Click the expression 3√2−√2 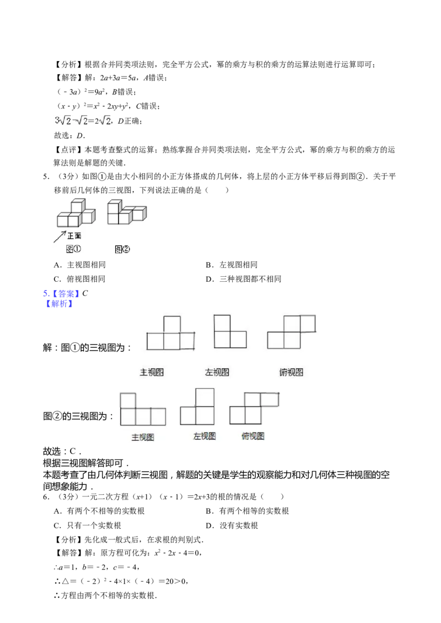pos(71,121)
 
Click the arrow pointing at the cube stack pos(60,236)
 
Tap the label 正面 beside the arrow pos(74,236)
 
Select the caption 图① pos(73,249)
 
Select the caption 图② pos(122,249)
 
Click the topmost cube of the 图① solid pos(77,207)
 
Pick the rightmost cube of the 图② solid pos(139,214)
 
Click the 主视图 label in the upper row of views pos(152,372)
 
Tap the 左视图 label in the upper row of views pos(217,372)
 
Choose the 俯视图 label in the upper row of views pos(291,372)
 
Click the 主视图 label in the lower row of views pos(142,438)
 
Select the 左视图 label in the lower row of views pos(204,436)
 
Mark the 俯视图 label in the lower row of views pos(253,436)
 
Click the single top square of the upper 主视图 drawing pos(172,324)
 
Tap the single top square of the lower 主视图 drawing pos(128,400)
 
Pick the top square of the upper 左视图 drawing pos(222,323)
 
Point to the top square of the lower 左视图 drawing pos(205,397)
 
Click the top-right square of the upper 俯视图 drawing pos(308,324)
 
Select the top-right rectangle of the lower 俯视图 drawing pos(269,399)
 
